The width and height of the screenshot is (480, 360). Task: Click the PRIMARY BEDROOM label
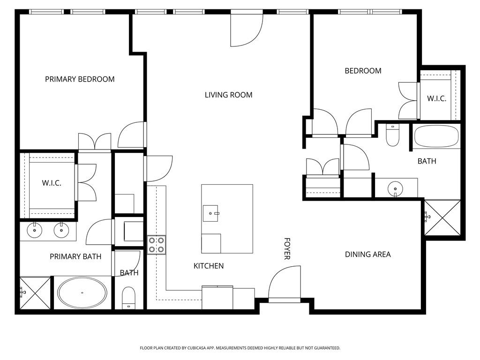[80, 79]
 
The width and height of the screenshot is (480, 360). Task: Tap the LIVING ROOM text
[228, 95]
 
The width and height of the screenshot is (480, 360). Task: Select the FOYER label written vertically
[287, 248]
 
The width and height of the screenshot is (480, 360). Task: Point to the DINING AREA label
[367, 255]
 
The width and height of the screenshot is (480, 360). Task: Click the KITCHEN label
[209, 266]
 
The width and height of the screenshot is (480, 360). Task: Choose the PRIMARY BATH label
[75, 256]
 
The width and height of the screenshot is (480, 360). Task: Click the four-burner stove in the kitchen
[157, 245]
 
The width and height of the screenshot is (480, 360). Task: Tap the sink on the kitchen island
[211, 213]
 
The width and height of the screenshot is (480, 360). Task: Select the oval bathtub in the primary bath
[82, 292]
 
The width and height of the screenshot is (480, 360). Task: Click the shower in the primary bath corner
[35, 292]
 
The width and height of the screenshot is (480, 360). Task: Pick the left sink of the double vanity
[34, 230]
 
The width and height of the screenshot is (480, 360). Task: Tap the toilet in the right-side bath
[392, 135]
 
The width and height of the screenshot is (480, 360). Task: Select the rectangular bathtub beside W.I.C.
[436, 136]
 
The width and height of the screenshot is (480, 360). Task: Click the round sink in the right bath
[395, 189]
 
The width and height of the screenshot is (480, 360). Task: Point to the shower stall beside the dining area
[442, 217]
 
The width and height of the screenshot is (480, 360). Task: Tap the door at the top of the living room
[246, 30]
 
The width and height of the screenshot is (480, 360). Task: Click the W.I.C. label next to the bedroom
[436, 99]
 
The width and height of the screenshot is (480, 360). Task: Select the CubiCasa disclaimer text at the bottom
[240, 348]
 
